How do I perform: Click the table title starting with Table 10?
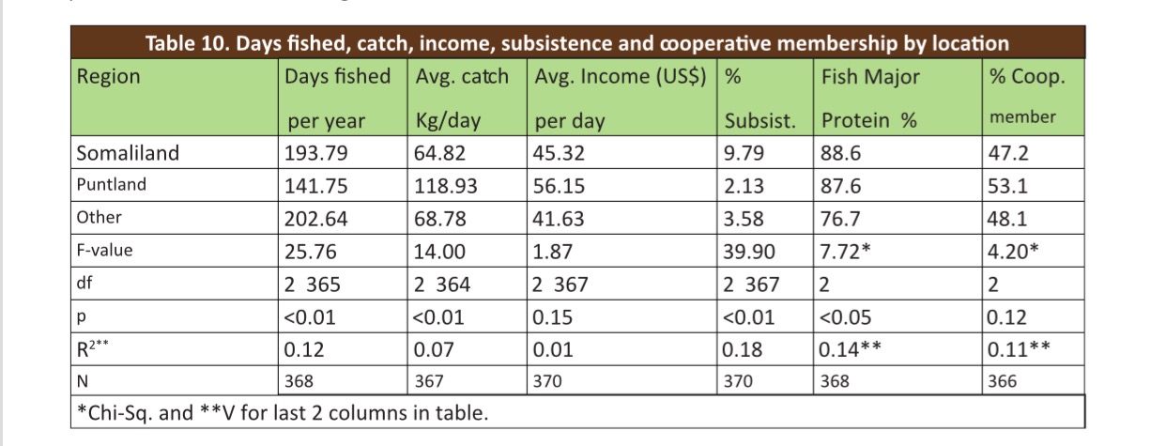(576, 43)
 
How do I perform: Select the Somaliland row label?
(127, 153)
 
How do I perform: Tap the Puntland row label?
(112, 185)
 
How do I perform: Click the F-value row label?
(104, 251)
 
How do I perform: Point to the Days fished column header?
(338, 77)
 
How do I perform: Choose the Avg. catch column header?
(462, 77)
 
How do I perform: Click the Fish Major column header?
(870, 77)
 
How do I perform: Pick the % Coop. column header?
(1027, 77)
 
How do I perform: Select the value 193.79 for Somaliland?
(316, 153)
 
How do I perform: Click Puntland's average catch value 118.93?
(446, 186)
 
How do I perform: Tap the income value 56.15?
(559, 186)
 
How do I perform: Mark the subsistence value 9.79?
(744, 153)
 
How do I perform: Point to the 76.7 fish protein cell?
(841, 219)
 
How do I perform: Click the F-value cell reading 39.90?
(749, 252)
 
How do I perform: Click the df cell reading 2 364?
(443, 285)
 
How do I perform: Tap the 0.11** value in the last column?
(1019, 349)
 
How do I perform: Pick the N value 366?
(1002, 382)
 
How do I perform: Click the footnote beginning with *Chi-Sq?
(282, 412)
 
